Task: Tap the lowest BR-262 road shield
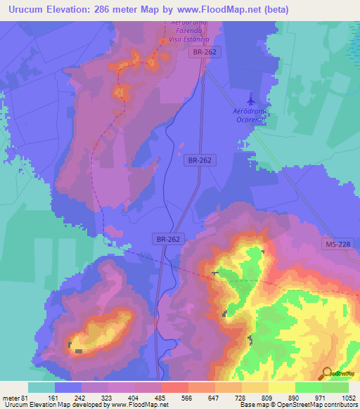pyautogui.click(x=167, y=239)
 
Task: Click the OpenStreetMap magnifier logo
pyautogui.click(x=326, y=372)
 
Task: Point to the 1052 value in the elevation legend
pyautogui.click(x=348, y=396)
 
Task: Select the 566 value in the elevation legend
pyautogui.click(x=187, y=396)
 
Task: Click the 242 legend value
pyautogui.click(x=80, y=396)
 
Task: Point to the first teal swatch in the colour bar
pyautogui.click(x=41, y=387)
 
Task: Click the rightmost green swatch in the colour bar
pyautogui.click(x=335, y=387)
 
